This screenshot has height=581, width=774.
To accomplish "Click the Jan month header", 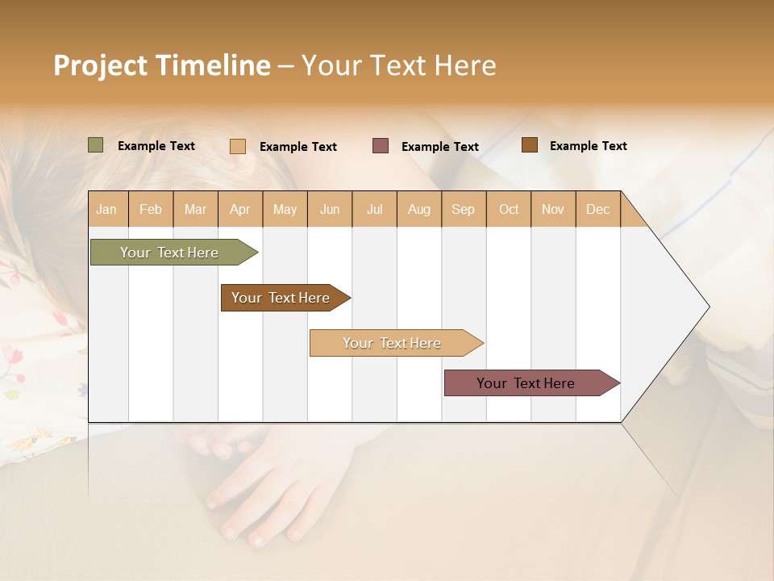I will (107, 209).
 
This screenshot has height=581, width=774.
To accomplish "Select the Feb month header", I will (151, 209).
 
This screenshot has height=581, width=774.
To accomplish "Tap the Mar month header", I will (195, 209).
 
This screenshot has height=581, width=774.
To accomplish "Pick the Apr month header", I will (240, 209).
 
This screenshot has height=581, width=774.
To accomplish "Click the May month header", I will (285, 209).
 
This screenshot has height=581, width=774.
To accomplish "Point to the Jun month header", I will (330, 209).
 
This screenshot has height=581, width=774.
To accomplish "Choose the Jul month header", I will (374, 209).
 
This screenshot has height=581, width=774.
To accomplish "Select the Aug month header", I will (419, 209).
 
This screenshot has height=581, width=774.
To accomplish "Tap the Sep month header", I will (464, 209).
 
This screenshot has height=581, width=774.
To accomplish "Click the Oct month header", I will (509, 209).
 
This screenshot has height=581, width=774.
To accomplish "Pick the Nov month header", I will (553, 209).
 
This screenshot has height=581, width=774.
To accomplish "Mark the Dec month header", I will (597, 209).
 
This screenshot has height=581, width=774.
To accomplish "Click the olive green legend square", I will (96, 145).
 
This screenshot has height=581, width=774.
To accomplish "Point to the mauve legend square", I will (381, 146).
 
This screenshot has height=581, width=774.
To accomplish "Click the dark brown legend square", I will (529, 145).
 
